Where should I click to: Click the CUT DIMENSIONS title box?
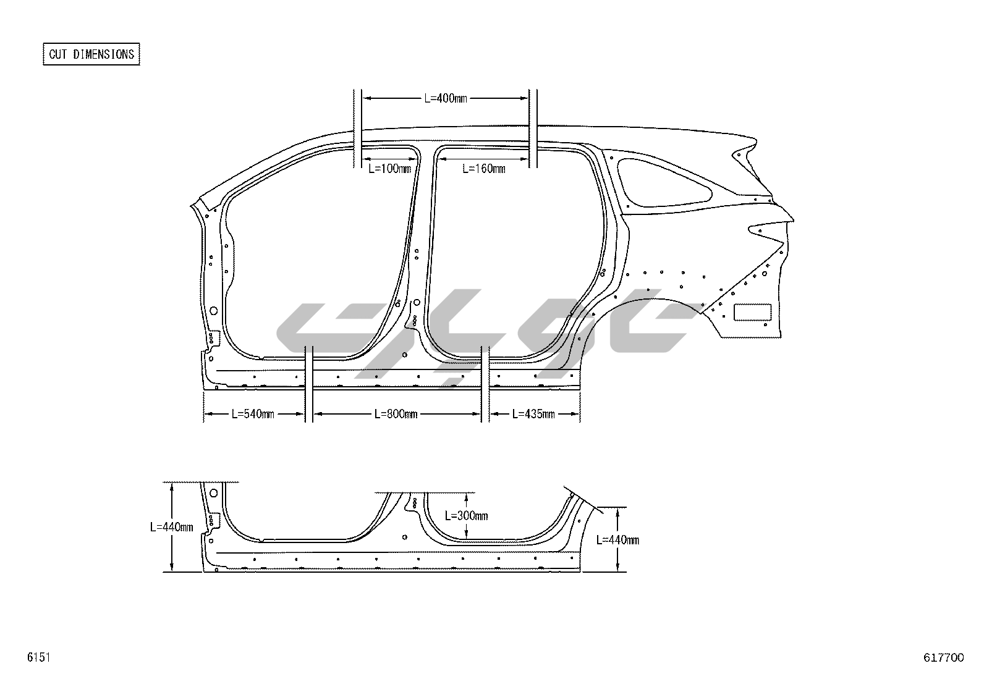pos(91,54)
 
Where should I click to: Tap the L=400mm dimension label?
pos(446,98)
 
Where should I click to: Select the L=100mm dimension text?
pos(389,169)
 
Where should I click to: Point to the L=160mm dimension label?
pos(483,169)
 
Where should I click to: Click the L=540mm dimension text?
pos(253,414)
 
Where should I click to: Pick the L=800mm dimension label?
pos(396,414)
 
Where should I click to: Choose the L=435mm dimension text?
pos(533,414)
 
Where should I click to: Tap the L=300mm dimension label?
pos(467,516)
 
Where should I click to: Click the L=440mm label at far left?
pos(171,527)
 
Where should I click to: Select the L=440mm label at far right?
pos(617,540)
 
